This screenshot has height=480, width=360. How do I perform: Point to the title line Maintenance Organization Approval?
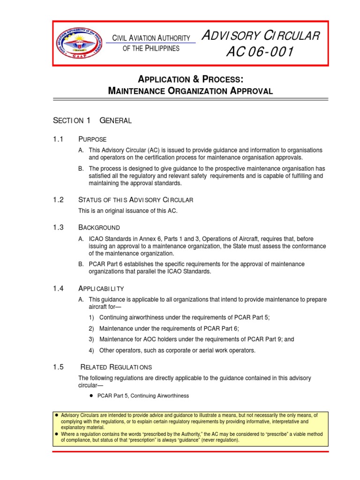[x=190, y=90]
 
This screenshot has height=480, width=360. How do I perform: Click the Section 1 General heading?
[x=92, y=120]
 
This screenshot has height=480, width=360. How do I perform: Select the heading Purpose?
[x=92, y=139]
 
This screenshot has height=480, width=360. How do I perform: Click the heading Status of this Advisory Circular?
[x=135, y=200]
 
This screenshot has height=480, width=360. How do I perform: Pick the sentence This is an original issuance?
[x=128, y=210]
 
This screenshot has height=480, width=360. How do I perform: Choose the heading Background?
[x=99, y=227]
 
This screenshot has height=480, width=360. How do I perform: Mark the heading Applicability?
[x=101, y=288]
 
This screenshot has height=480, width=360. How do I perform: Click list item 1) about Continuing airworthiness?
[x=184, y=317]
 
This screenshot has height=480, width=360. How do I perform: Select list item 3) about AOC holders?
[x=196, y=339]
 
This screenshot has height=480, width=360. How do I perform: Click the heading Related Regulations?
[x=116, y=367]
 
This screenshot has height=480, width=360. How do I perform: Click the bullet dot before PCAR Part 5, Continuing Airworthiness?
[x=91, y=396]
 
